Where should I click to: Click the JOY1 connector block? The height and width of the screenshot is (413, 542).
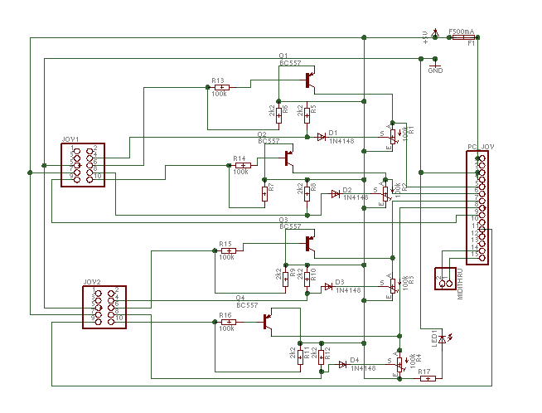[x=83, y=164]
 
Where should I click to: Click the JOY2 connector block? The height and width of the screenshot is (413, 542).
[x=104, y=306]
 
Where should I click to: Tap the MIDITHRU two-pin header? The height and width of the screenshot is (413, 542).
[x=445, y=278]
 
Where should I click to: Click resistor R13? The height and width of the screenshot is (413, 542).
[x=220, y=86]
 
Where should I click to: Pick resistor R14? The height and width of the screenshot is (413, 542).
[x=241, y=165]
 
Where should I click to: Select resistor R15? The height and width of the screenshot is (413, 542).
[x=227, y=250]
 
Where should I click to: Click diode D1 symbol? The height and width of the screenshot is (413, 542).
[x=322, y=137]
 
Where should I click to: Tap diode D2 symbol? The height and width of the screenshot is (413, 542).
[x=335, y=193]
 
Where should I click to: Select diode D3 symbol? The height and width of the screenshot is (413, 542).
[x=328, y=287]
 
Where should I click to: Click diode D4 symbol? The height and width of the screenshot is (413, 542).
[x=342, y=365]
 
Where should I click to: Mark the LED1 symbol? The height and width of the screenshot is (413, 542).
[x=442, y=338]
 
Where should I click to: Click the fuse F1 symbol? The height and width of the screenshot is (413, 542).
[x=462, y=37]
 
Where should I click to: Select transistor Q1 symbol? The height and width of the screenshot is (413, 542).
[x=309, y=80]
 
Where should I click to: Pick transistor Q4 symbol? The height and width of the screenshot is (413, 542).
[x=268, y=322]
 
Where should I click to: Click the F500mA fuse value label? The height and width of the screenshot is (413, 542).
[x=461, y=31]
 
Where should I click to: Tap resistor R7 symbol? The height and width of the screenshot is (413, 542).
[x=264, y=193]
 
